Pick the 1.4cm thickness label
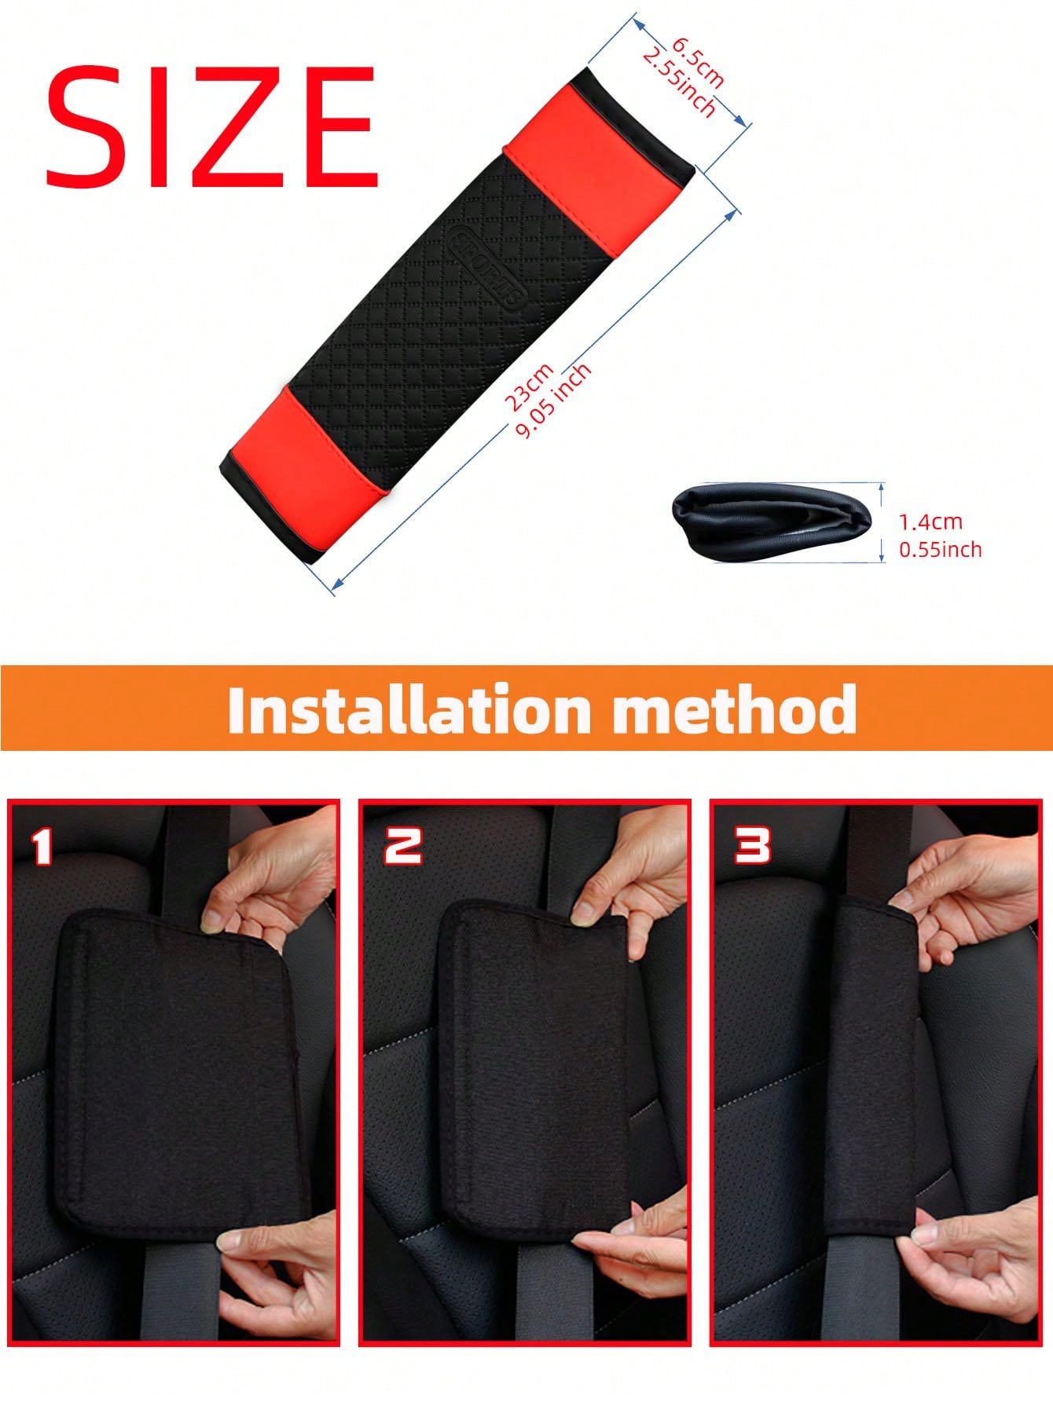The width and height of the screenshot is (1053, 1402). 930,522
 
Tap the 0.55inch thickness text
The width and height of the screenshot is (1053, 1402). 940,549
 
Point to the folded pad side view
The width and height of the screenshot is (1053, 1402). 771,522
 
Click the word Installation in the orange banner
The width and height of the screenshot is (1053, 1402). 409,709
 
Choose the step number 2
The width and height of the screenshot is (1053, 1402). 402,847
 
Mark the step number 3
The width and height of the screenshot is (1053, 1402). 752,847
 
